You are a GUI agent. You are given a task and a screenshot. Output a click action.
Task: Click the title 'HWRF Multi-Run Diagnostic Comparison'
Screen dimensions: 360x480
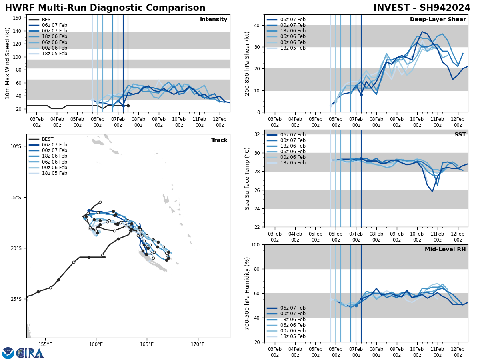pos(105,8)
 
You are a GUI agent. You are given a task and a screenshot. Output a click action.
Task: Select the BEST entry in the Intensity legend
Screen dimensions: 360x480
pos(48,20)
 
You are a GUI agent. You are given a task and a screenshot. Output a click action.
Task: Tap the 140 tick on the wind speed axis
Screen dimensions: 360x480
pos(17,31)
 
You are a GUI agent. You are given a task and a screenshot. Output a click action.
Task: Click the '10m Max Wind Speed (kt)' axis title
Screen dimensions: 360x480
pos(8,63)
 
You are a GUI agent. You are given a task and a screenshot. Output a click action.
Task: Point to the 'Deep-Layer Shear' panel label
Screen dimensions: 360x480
pos(438,20)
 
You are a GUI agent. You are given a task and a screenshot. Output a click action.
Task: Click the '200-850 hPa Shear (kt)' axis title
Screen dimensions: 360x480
pos(248,63)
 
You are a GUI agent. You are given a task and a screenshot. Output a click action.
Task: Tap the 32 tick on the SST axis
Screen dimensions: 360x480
pos(258,134)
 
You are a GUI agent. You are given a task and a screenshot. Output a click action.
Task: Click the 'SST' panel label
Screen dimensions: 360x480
pos(460,135)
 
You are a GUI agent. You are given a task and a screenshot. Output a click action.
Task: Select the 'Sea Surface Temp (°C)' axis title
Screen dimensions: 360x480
pos(248,178)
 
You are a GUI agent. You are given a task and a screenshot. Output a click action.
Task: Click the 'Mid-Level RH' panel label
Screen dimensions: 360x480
pos(445,250)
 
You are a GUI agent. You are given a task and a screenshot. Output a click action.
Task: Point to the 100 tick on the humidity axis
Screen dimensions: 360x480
pos(256,244)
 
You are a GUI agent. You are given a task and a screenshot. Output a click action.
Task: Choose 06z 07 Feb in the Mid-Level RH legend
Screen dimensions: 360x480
pos(293,308)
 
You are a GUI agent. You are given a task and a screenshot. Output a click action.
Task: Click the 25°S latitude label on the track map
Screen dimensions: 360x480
pos(16,299)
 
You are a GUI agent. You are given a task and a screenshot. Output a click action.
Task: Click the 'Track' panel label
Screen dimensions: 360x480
pos(219,140)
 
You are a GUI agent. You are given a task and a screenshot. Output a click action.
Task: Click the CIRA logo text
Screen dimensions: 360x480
pos(30,353)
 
